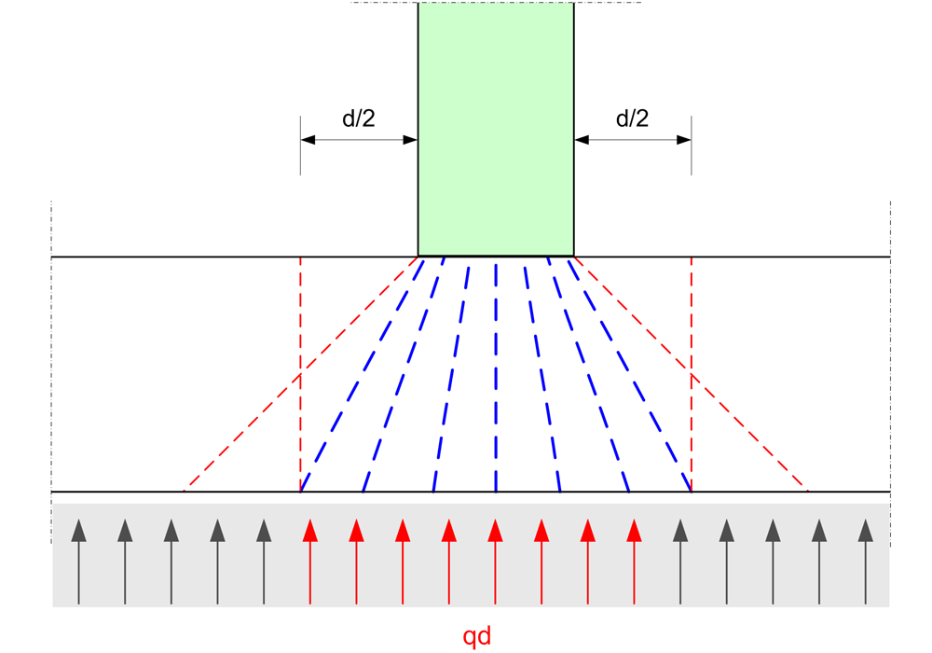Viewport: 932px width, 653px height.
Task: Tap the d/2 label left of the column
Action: [x=359, y=118]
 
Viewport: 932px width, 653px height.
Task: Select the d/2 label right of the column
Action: [x=633, y=118]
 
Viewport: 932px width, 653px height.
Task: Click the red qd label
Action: [x=476, y=637]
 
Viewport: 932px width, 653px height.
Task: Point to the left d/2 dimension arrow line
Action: [x=359, y=140]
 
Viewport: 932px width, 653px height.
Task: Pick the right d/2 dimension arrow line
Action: [x=633, y=140]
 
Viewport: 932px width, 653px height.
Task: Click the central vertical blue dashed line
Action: [x=496, y=373]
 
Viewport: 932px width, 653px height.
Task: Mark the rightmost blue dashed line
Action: [x=632, y=373]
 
